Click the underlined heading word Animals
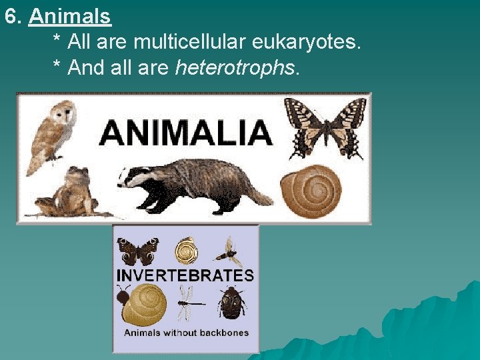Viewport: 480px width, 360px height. point(70,16)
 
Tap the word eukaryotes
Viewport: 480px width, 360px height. point(307,43)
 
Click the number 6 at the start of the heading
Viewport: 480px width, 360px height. point(10,16)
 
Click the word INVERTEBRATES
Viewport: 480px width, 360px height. point(185,275)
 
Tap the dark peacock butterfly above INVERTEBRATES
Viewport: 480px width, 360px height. point(138,251)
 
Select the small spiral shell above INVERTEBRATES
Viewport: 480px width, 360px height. point(185,251)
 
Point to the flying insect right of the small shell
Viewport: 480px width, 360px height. point(229,251)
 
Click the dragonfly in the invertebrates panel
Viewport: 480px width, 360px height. point(189,305)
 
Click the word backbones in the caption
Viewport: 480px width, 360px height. point(221,333)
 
